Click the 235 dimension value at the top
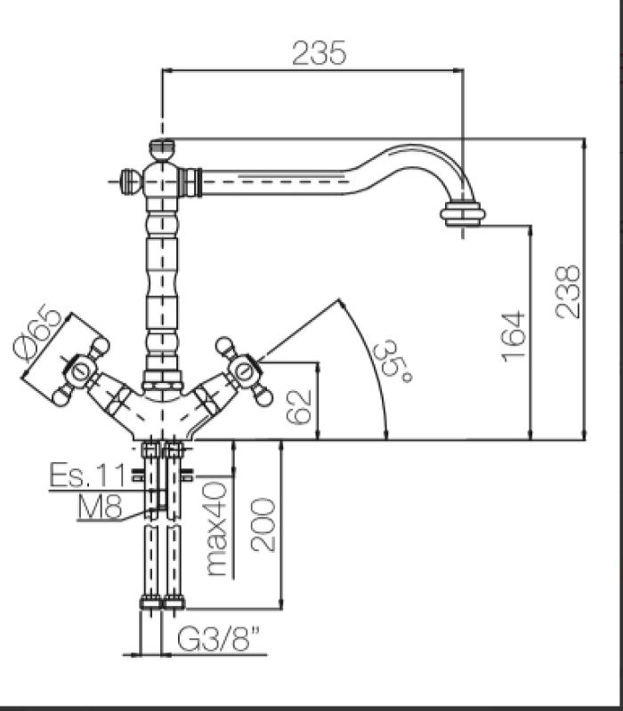318,53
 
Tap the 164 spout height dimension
514,335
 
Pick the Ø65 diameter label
41,334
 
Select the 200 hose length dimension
263,524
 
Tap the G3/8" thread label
217,639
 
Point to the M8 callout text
100,507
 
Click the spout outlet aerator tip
464,214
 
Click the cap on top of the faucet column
162,148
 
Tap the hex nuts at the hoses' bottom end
162,603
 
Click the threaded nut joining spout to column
190,183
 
